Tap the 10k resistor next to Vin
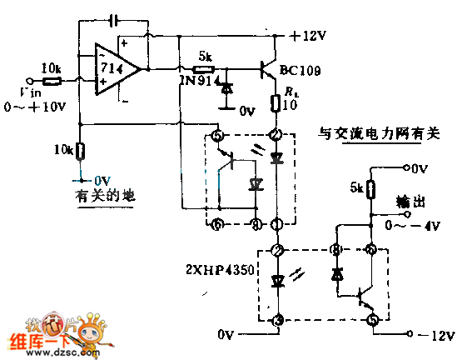pyautogui.click(x=52, y=82)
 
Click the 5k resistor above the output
pyautogui.click(x=369, y=189)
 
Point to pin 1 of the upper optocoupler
pyautogui.click(x=275, y=223)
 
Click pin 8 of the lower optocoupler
pyautogui.click(x=337, y=249)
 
